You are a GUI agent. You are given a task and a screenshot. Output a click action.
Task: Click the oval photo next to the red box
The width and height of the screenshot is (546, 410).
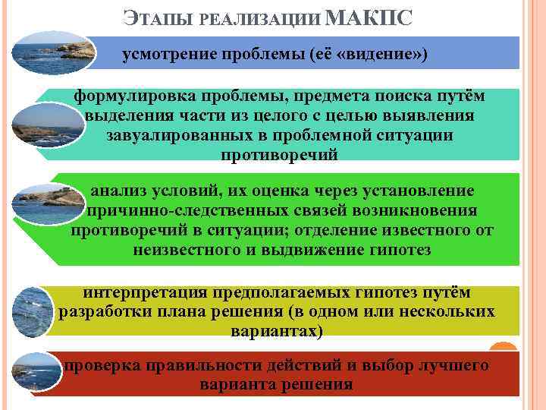[x=39, y=371]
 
